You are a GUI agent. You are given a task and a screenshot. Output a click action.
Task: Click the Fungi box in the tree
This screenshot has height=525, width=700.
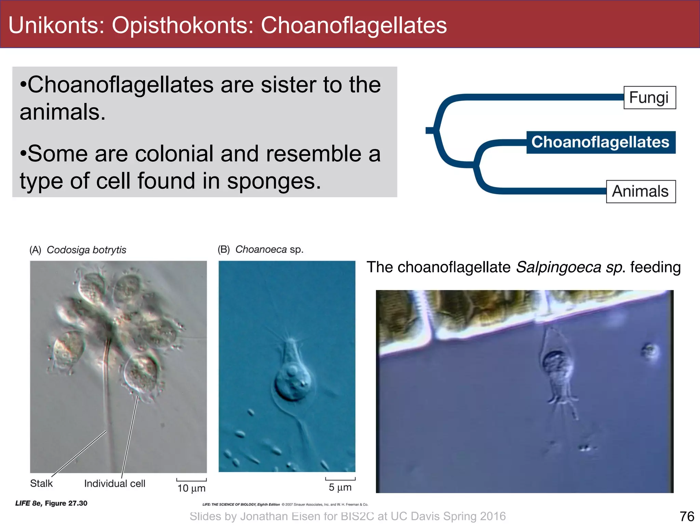649,98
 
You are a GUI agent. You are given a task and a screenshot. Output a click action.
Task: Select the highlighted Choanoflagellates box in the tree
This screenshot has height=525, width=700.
601,142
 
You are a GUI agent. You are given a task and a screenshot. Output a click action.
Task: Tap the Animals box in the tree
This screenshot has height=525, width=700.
641,191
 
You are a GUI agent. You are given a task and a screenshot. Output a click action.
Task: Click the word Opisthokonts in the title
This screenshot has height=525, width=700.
183,25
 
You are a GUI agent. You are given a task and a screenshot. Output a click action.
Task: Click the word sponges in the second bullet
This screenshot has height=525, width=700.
274,181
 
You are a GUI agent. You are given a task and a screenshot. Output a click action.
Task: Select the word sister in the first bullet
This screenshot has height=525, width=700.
288,85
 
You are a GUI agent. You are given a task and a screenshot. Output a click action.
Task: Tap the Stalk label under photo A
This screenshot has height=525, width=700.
41,483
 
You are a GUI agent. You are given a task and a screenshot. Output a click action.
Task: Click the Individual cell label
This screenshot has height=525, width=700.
115,484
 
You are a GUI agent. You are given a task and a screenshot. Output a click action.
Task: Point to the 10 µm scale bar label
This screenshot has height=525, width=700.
191,488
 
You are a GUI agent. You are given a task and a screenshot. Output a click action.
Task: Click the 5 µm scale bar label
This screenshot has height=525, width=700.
340,487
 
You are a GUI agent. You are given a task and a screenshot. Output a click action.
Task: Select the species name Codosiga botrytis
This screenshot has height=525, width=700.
86,250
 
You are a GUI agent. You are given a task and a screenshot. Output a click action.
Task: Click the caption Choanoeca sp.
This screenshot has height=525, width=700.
269,250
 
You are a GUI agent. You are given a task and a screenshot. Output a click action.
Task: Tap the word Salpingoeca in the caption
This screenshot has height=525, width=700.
558,267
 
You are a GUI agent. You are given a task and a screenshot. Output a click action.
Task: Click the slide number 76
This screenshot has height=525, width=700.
687,516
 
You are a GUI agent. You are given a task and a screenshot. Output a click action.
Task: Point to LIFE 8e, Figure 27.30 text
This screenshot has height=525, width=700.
51,503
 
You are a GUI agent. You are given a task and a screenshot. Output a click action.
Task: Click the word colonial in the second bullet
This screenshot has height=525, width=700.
174,154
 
